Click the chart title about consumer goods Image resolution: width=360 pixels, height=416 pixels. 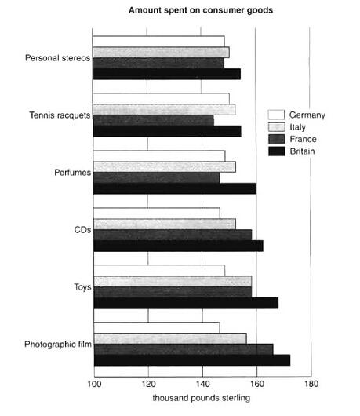pyautogui.click(x=201, y=10)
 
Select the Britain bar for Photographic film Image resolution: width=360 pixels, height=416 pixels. pyautogui.click(x=192, y=360)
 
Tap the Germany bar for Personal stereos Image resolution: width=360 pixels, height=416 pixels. pyautogui.click(x=158, y=41)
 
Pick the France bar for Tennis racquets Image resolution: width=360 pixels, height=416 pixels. pyautogui.click(x=154, y=120)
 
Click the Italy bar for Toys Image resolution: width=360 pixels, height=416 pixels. pyautogui.click(x=173, y=282)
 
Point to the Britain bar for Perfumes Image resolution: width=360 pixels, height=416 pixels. pyautogui.click(x=175, y=188)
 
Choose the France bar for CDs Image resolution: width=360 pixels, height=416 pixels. pyautogui.click(x=173, y=235)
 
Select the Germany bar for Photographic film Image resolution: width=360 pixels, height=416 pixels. pyautogui.click(x=157, y=327)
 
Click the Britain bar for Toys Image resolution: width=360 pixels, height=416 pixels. pyautogui.click(x=186, y=303)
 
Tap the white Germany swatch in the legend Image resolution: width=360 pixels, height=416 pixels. pyautogui.click(x=276, y=115)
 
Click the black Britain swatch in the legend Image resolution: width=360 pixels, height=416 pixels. pyautogui.click(x=277, y=151)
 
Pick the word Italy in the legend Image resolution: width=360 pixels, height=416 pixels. pyautogui.click(x=297, y=127)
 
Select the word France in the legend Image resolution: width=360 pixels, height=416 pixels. pyautogui.click(x=303, y=139)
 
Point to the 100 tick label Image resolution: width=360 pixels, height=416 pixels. pyautogui.click(x=94, y=384)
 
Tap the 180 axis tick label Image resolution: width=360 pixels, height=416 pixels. pyautogui.click(x=311, y=384)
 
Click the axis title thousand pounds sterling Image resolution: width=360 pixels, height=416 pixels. pyautogui.click(x=202, y=398)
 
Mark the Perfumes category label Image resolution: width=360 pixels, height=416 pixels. pyautogui.click(x=72, y=173)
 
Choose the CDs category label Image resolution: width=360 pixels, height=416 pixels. pyautogui.click(x=82, y=230)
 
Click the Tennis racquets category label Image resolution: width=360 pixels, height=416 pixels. pyautogui.click(x=60, y=115)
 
